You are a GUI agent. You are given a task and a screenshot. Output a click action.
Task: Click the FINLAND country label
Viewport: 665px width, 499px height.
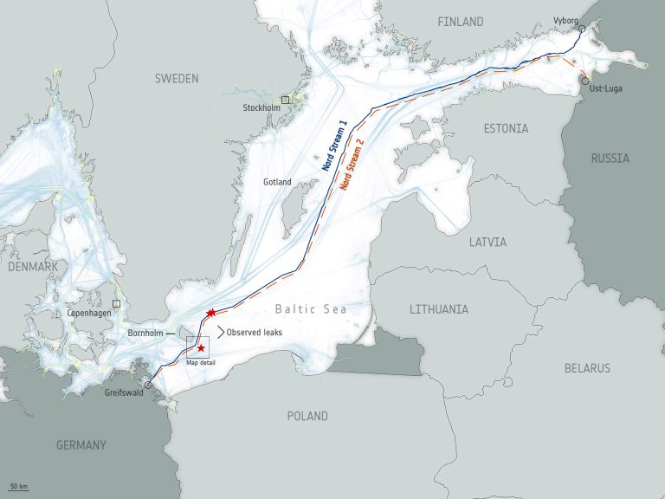coord(461,22)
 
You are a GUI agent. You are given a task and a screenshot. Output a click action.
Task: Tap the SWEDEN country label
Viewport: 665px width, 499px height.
coord(177,79)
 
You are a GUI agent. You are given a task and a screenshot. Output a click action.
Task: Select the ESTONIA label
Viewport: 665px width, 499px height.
coord(507,129)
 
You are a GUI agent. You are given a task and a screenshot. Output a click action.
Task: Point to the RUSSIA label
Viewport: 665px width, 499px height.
coord(610,159)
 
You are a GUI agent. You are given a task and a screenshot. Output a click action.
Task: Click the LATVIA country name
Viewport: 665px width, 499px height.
coord(487,243)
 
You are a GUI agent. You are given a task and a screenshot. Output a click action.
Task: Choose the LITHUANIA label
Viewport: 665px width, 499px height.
coord(439,309)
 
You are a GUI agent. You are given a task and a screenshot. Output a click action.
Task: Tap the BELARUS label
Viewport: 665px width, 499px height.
coord(587,368)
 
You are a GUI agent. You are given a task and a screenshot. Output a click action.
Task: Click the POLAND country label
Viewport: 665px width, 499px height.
coord(307,417)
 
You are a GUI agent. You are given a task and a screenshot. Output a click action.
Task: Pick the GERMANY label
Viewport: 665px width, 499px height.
coord(81,445)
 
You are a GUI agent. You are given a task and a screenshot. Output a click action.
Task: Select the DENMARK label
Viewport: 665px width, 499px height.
coord(33,267)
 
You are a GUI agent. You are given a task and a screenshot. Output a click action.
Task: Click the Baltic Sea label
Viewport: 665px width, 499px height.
coord(311,309)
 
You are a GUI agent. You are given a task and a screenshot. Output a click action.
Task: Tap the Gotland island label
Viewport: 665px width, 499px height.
coord(277,183)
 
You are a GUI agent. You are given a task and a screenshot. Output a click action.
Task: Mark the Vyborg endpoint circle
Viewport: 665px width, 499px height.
coord(582,29)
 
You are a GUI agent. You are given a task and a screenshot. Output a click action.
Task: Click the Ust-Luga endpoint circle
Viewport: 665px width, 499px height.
coord(586,81)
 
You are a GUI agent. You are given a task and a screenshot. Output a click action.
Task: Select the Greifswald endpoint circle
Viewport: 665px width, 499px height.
coord(148,385)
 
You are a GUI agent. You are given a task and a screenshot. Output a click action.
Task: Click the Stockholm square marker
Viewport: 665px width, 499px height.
coord(285,100)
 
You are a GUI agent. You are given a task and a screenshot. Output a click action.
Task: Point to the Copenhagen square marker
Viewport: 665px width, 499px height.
coord(116,304)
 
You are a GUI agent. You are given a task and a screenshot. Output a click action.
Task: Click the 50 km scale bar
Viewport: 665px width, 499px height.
coord(18,489)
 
